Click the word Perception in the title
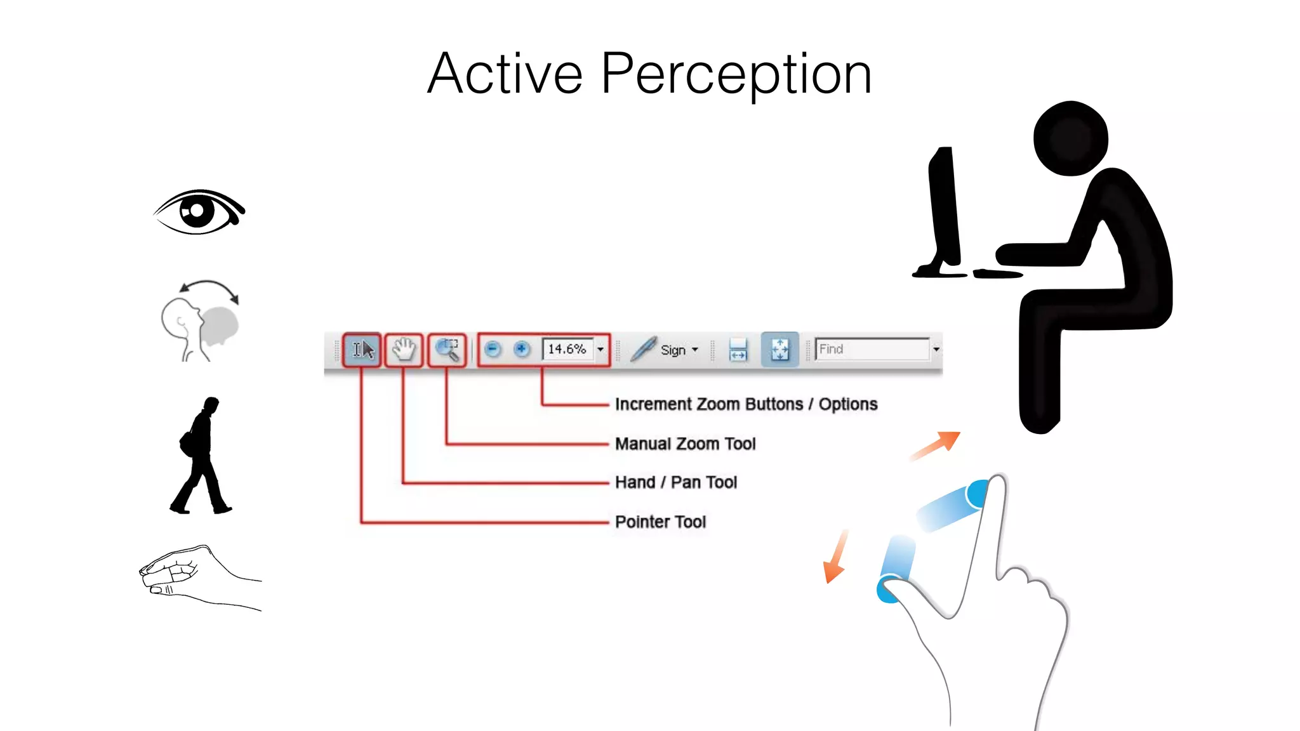736,75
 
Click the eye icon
199,212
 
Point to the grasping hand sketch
190,575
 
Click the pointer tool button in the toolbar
362,350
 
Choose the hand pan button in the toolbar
404,350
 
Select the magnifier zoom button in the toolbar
447,350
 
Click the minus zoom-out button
493,350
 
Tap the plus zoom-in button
522,350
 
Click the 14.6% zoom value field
567,350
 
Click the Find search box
872,350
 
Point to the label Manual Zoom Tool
685,444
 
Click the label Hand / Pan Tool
676,482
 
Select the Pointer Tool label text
660,522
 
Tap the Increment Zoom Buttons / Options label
746,404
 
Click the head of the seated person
1071,138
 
